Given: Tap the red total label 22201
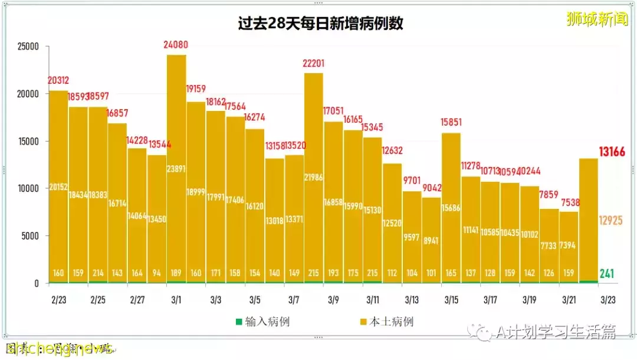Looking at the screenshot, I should tap(314, 63).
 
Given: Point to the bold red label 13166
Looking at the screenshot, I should tap(612, 152).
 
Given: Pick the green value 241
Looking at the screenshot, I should tap(608, 273).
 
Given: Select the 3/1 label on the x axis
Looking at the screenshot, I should tap(176, 300).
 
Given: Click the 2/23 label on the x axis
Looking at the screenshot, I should tap(58, 300).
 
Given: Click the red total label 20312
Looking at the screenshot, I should tap(59, 81).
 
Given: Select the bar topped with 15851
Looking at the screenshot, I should tap(451, 207).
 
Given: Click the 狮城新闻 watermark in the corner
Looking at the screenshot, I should tap(596, 19).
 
